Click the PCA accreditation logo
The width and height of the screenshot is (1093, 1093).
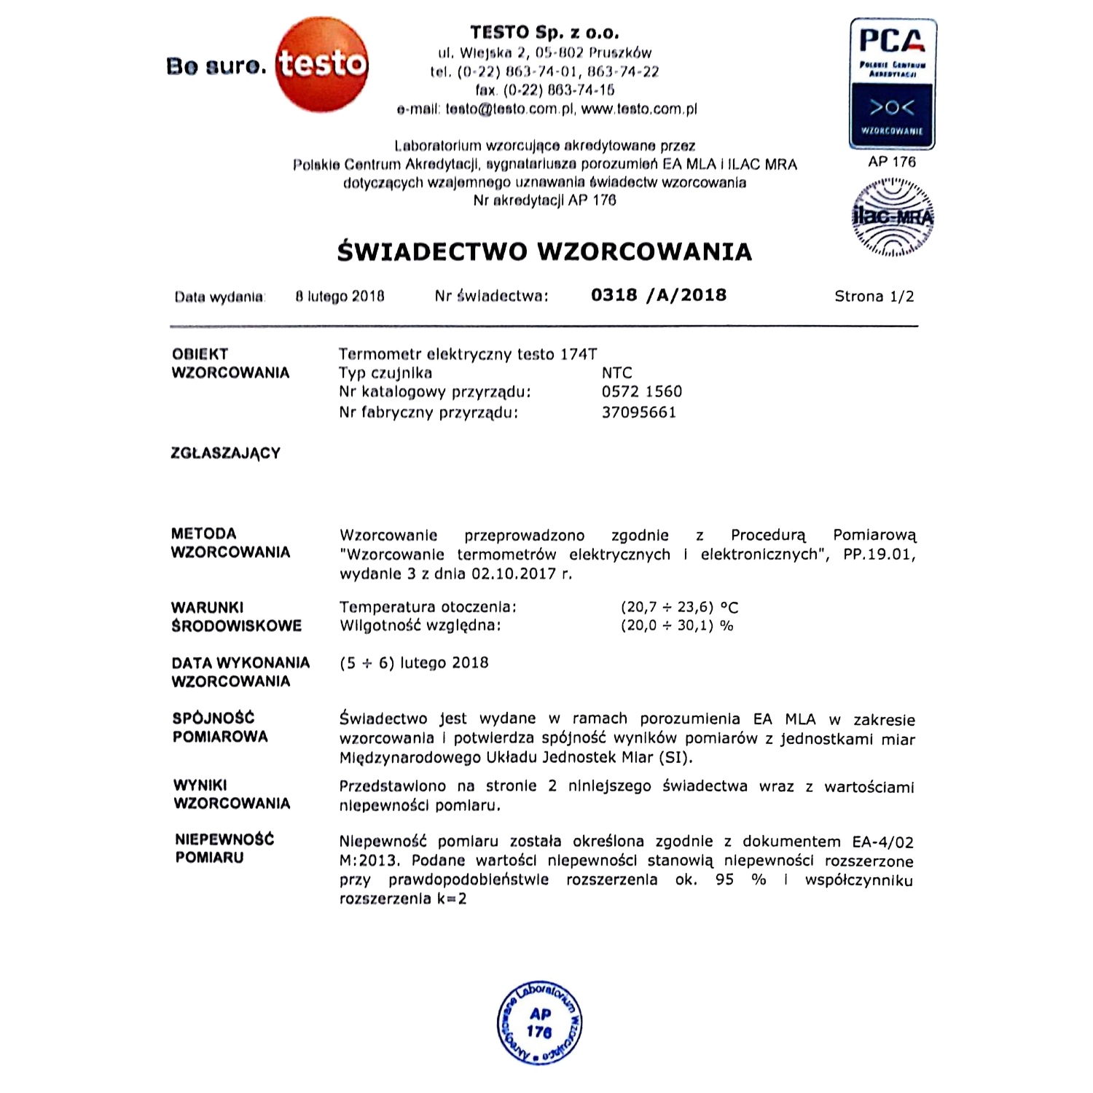tap(892, 84)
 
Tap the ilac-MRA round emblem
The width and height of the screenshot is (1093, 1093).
tap(892, 217)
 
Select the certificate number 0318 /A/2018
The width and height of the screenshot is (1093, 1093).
tap(659, 295)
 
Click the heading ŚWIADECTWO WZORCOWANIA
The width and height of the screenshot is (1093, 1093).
tap(544, 251)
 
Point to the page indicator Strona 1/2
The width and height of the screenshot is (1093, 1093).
tap(874, 297)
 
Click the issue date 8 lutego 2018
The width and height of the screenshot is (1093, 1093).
tap(340, 297)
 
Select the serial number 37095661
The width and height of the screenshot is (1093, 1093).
tap(639, 412)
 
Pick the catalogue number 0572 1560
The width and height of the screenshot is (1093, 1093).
tap(642, 392)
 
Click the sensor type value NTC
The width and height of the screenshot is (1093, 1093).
tap(616, 373)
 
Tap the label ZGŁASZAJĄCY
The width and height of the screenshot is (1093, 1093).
tap(225, 453)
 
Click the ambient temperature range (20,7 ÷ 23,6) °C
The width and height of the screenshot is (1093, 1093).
tap(679, 607)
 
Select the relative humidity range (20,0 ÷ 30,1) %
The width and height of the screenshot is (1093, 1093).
tap(677, 626)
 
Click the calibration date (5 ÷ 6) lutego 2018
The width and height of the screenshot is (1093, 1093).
tap(414, 663)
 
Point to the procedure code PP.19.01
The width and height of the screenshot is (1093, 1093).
tap(879, 555)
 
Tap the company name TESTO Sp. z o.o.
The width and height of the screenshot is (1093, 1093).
tap(544, 33)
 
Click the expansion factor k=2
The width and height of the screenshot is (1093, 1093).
tap(452, 898)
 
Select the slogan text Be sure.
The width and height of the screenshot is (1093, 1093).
tap(216, 66)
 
